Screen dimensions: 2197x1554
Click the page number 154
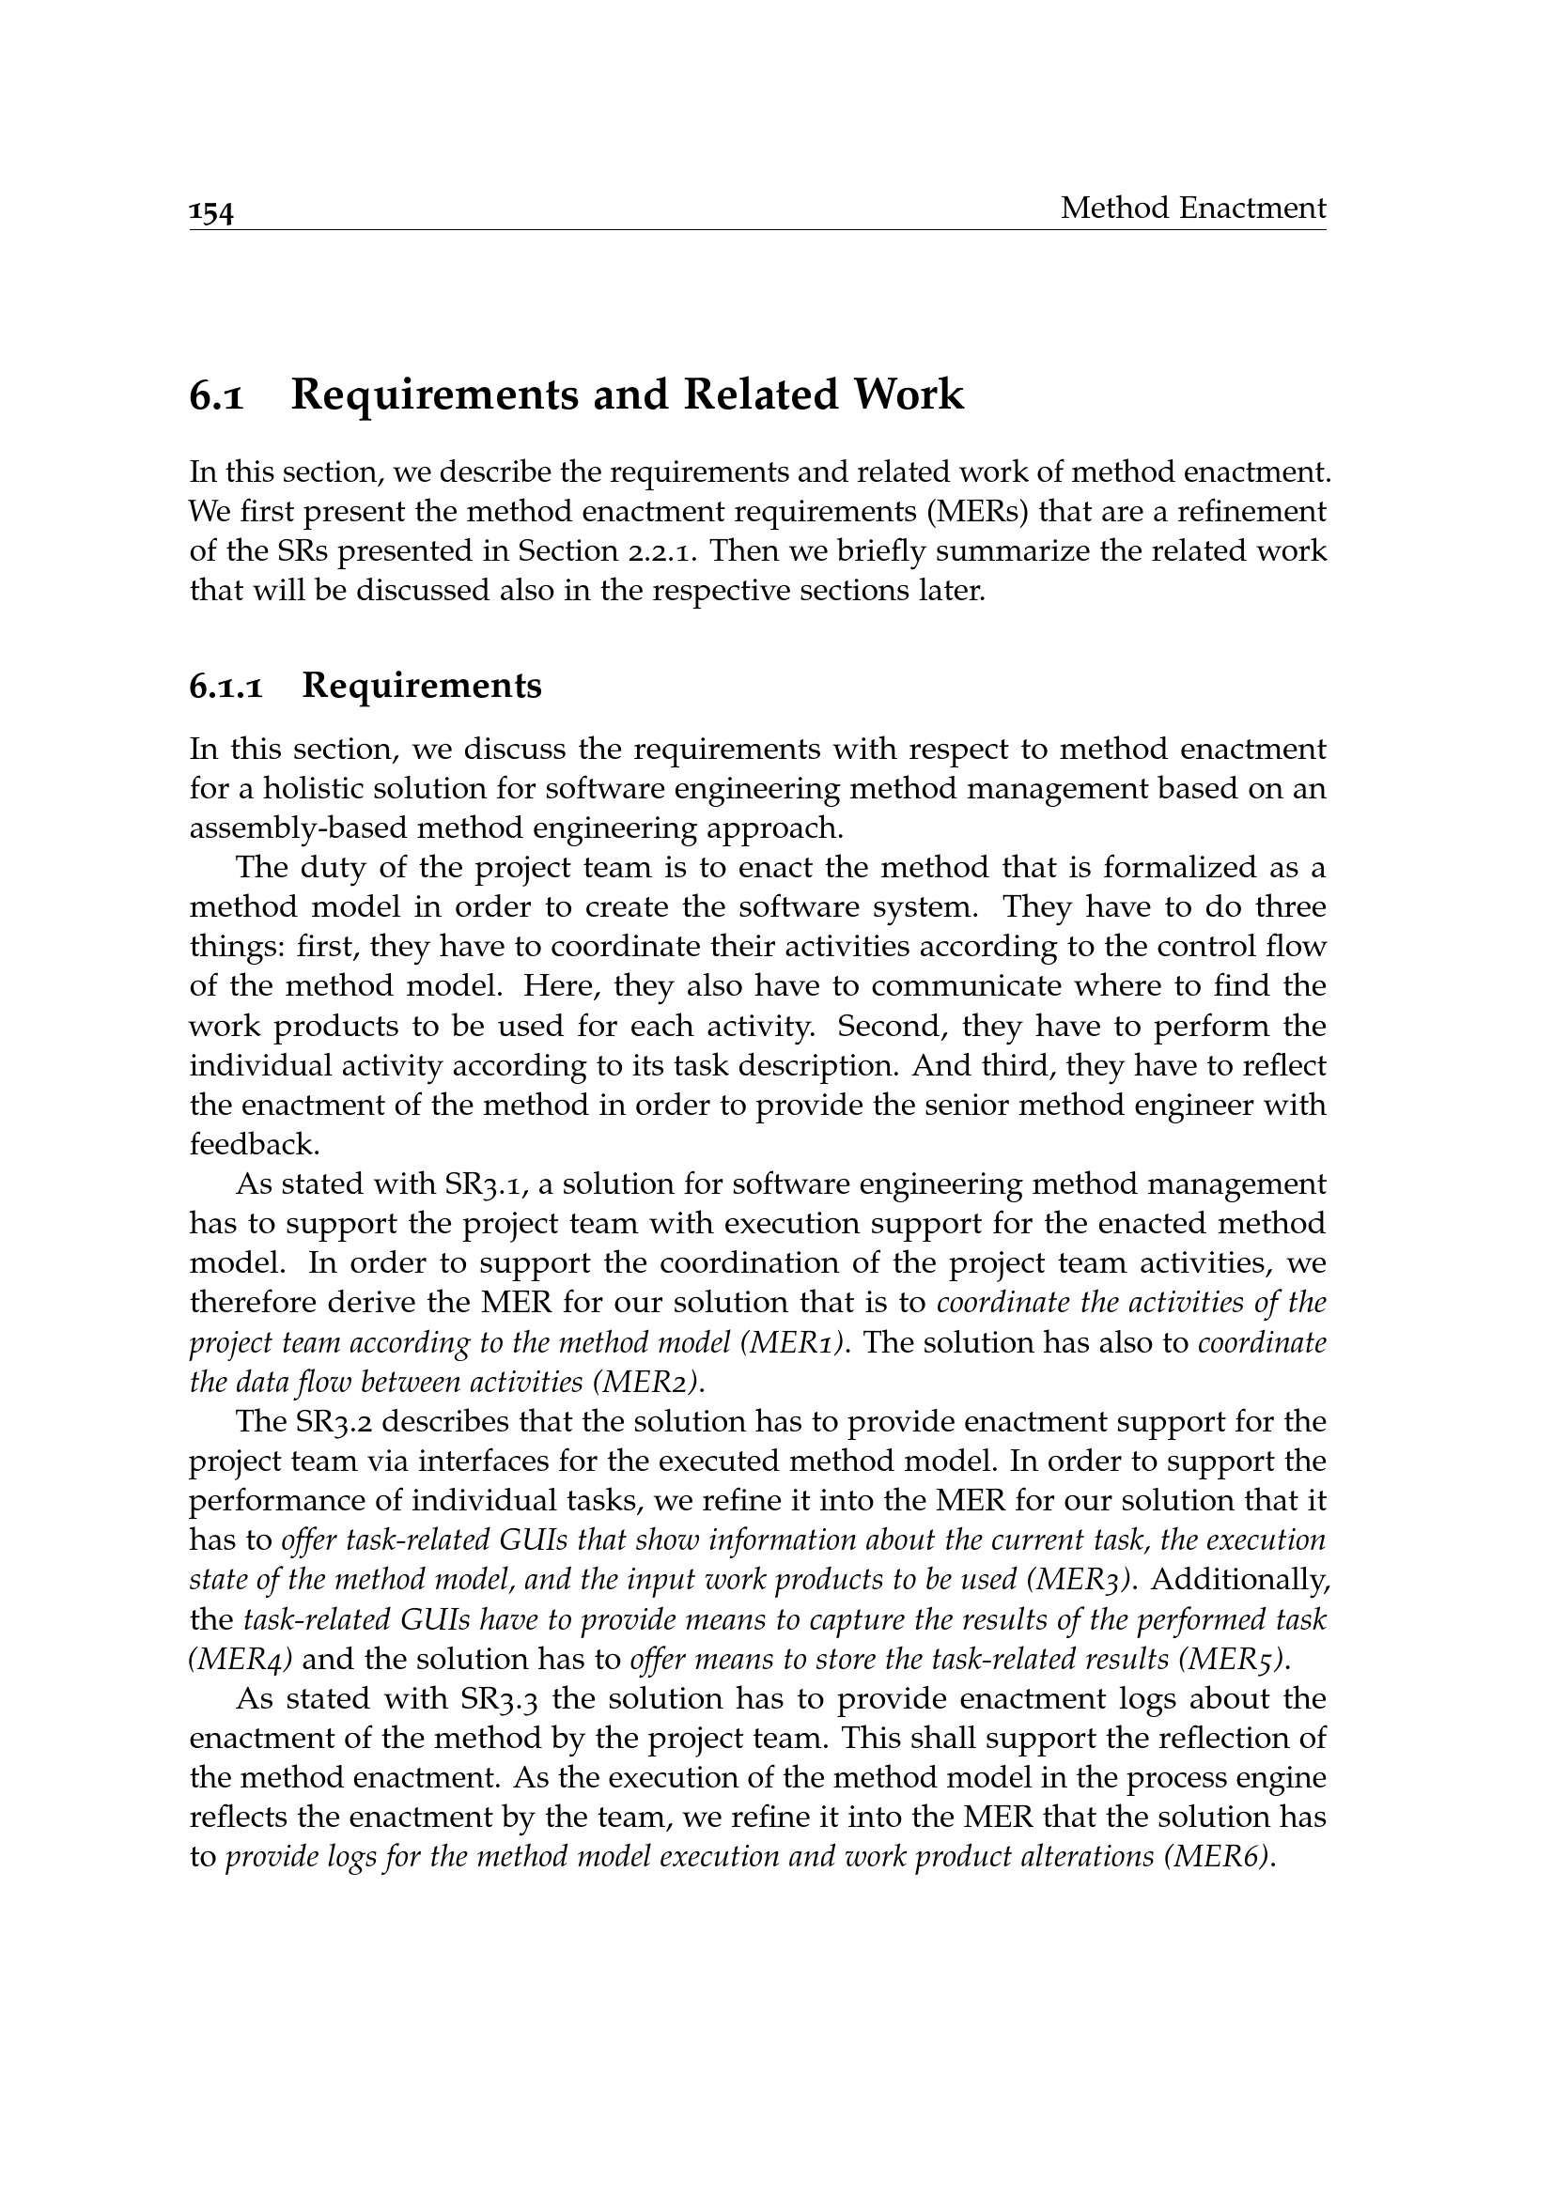click(x=211, y=212)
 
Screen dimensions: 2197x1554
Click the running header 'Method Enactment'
click(x=1192, y=208)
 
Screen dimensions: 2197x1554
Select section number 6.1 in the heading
click(x=216, y=395)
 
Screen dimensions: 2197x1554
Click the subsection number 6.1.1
click(x=225, y=687)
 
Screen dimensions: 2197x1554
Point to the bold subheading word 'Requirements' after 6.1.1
click(x=421, y=686)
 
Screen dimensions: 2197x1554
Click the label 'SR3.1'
click(x=485, y=1184)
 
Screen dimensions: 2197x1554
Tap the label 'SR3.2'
click(x=333, y=1422)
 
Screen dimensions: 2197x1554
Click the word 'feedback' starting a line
click(x=253, y=1145)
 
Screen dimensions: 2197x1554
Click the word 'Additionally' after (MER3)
click(x=1245, y=1581)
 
